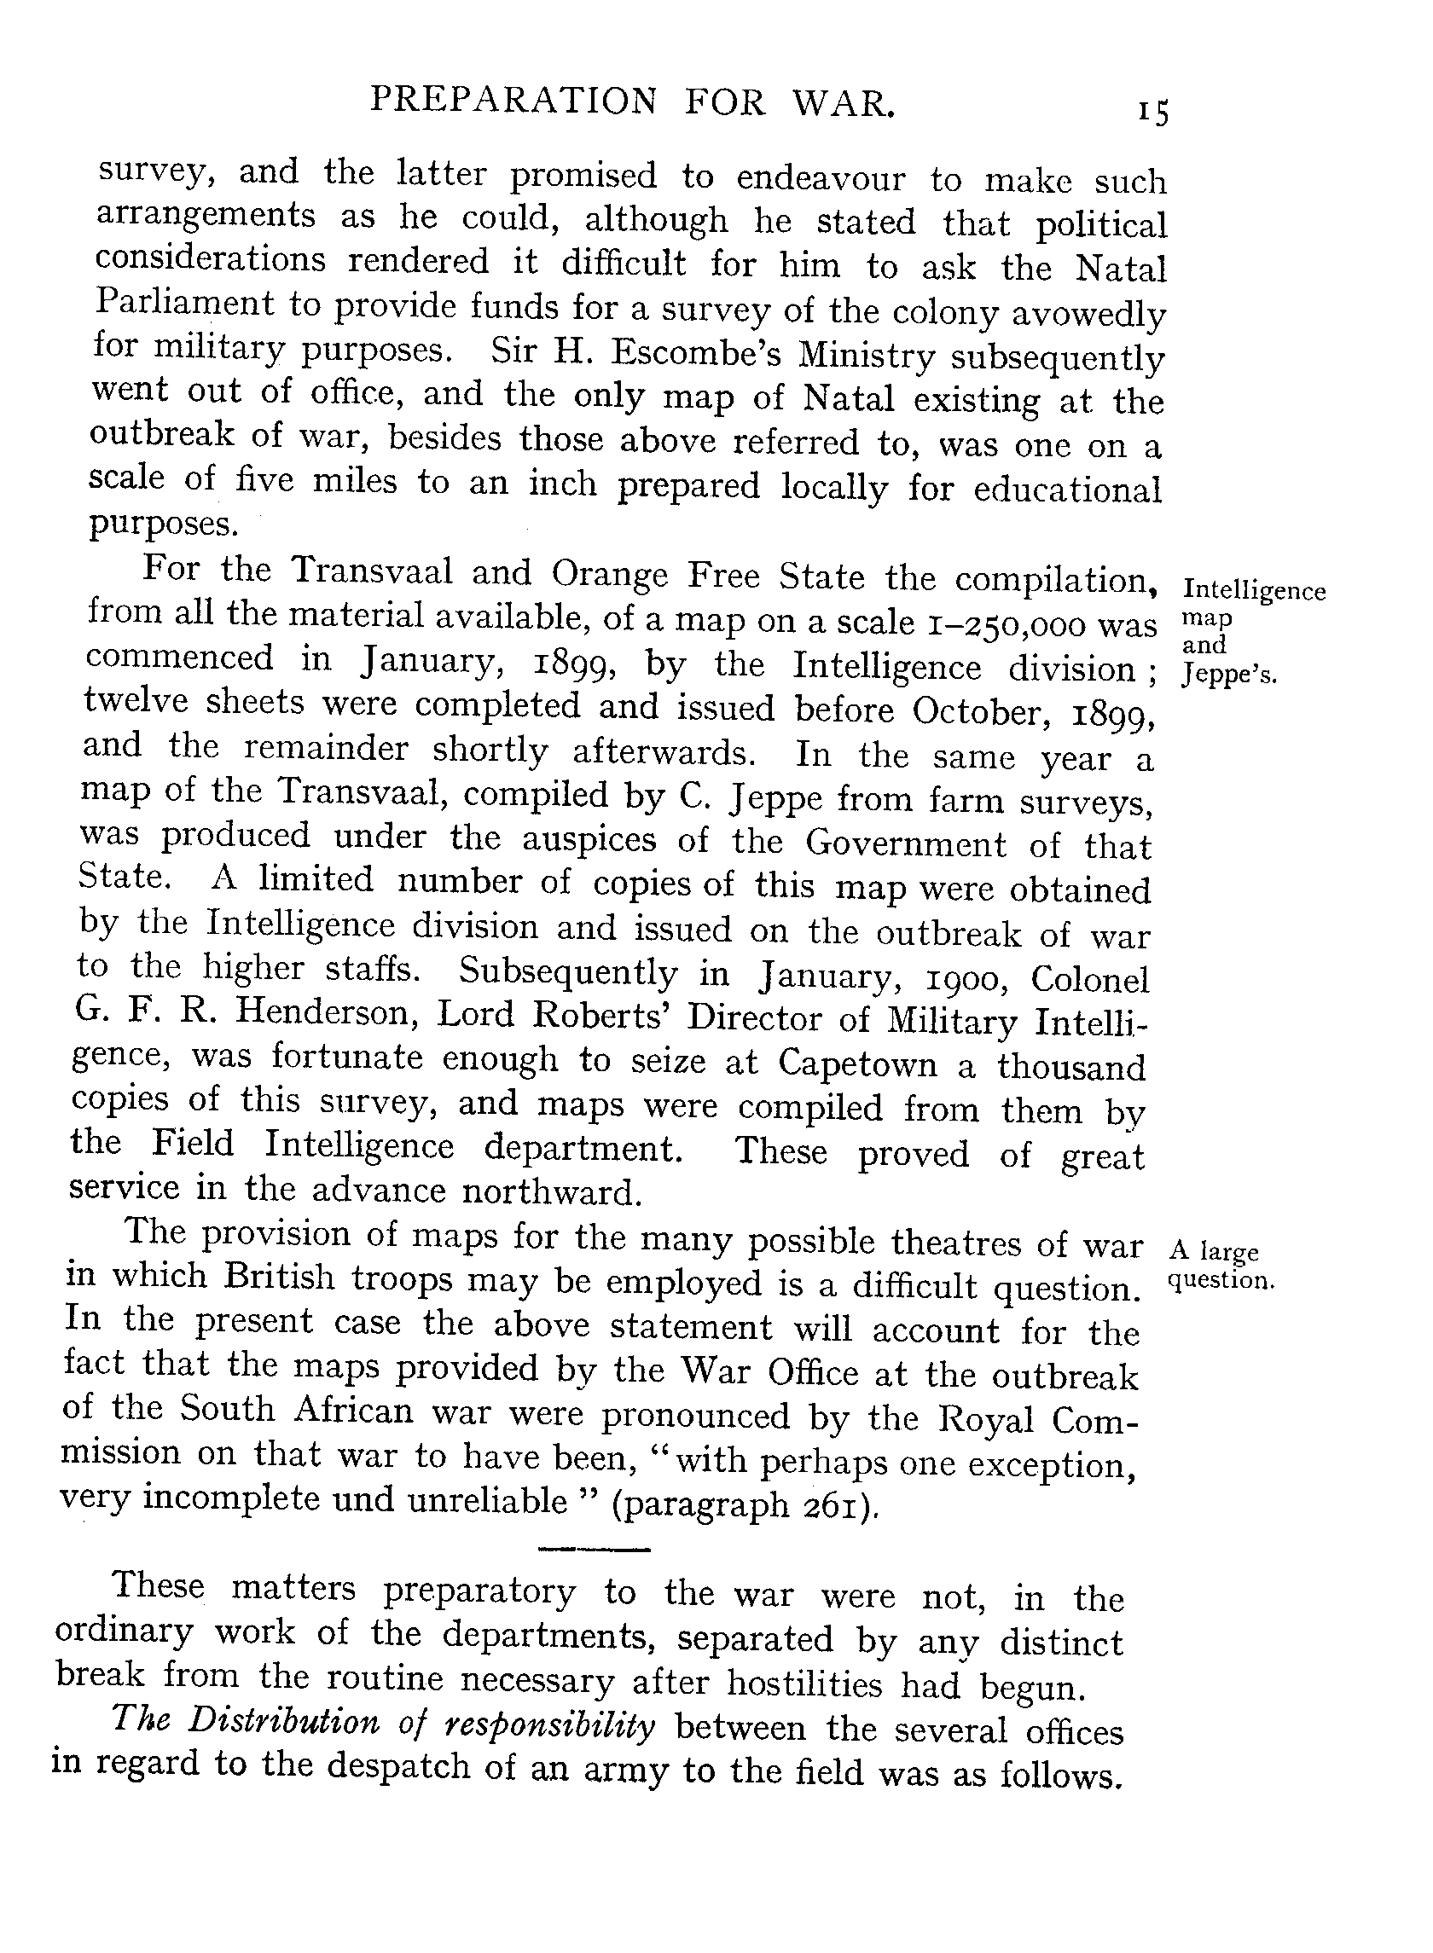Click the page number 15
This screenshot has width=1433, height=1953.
[1154, 113]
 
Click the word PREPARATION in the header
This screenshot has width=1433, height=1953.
[513, 101]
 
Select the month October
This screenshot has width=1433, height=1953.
[980, 710]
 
